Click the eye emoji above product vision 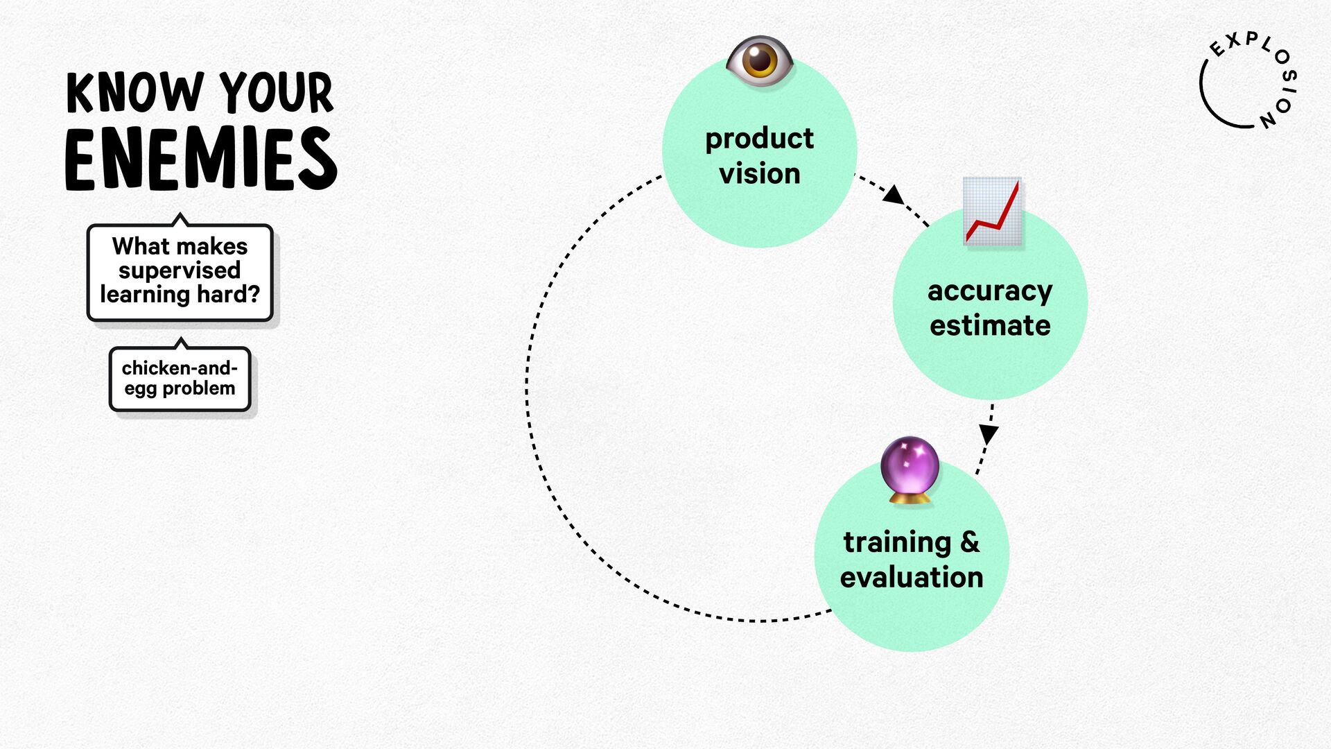760,61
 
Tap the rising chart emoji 993,211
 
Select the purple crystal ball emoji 910,470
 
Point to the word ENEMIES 201,159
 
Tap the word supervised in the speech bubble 180,270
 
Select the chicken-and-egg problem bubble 180,379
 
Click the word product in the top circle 760,139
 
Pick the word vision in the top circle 760,173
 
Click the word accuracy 990,292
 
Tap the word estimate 990,325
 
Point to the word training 897,543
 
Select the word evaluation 912,577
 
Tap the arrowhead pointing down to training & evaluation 989,435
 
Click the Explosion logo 1249,80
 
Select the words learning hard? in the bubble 180,295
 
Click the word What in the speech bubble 141,246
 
